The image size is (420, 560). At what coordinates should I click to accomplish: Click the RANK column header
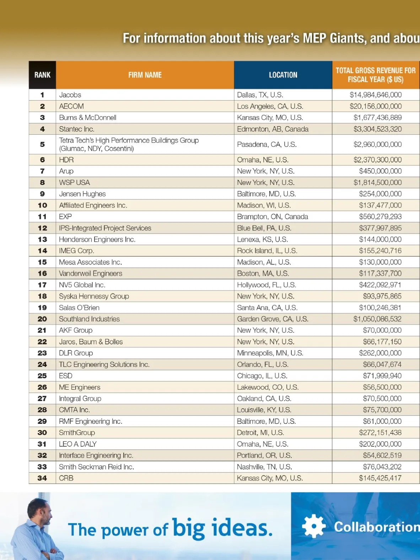[42, 75]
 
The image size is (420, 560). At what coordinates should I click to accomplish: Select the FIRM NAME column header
[145, 75]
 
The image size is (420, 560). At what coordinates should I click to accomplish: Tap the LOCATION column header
[283, 75]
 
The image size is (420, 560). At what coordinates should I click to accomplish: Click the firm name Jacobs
[70, 95]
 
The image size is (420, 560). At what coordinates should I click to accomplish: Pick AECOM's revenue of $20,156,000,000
[375, 106]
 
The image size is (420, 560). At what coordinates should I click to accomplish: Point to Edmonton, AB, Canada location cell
[273, 129]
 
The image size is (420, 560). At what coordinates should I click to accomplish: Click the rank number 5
[42, 144]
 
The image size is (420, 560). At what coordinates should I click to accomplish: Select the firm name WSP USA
[74, 182]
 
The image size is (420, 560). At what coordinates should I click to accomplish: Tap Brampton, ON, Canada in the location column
[272, 217]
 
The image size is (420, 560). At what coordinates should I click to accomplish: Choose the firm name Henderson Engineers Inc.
[97, 239]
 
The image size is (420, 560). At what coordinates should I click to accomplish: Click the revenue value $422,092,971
[380, 285]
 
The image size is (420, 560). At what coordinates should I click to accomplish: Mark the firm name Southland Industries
[89, 319]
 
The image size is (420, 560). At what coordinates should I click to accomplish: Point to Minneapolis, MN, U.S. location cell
[270, 353]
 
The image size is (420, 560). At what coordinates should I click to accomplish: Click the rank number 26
[42, 387]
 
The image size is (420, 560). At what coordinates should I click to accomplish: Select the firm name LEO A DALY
[77, 444]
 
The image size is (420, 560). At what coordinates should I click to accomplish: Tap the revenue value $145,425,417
[380, 478]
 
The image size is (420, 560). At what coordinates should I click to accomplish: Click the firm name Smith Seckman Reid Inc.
[96, 467]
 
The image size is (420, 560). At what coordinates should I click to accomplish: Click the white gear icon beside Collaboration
[313, 526]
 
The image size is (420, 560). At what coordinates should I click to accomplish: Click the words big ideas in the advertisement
[222, 528]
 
